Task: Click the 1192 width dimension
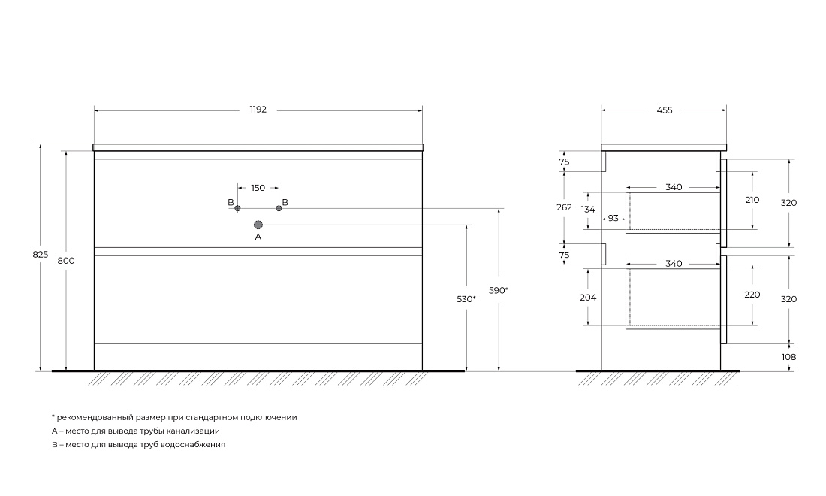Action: [x=258, y=110]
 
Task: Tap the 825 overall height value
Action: [x=40, y=254]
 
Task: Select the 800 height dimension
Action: [x=66, y=260]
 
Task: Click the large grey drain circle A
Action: [x=258, y=225]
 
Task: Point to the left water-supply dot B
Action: [x=237, y=208]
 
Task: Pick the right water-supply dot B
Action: [x=279, y=208]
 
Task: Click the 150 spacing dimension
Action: [x=258, y=188]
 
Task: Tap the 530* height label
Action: [x=466, y=299]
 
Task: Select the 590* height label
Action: [x=499, y=290]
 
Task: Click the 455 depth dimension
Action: [x=665, y=110]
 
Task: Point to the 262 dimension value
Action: [x=564, y=207]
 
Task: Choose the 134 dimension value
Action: [x=588, y=209]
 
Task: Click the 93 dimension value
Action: [x=613, y=218]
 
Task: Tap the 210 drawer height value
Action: [x=752, y=200]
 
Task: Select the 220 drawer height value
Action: [x=752, y=295]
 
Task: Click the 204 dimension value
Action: [x=588, y=298]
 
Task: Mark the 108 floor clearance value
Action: [x=788, y=357]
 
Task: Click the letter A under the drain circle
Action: [x=258, y=237]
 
